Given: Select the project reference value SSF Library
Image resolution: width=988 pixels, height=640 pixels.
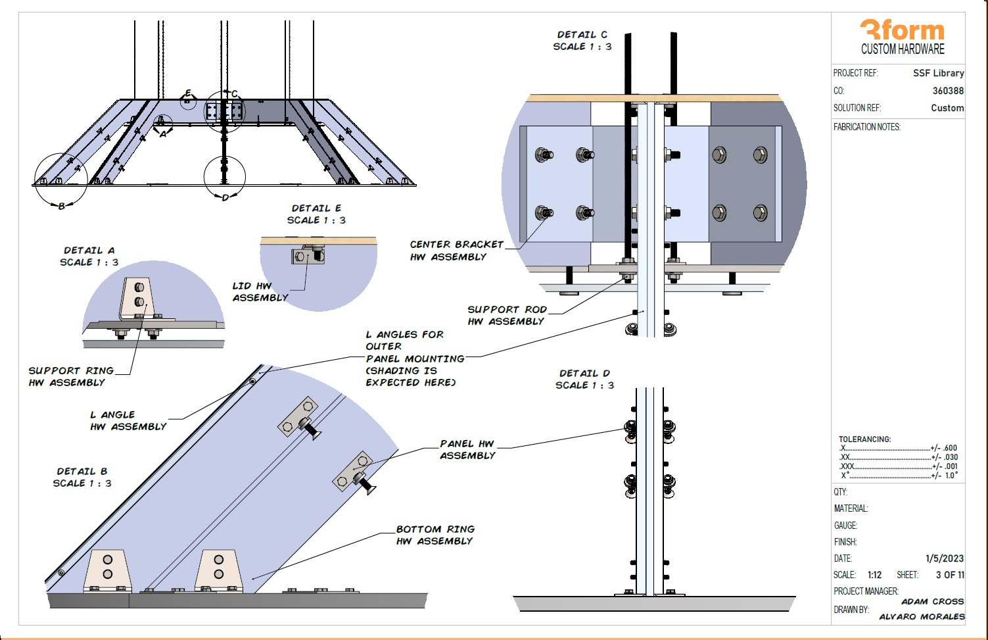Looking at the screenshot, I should (x=938, y=73).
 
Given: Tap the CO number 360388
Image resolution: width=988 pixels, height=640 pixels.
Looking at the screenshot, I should (x=948, y=91).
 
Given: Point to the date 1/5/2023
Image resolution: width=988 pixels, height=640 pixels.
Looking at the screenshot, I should (x=945, y=558).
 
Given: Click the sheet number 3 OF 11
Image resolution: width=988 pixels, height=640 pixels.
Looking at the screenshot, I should (x=950, y=575).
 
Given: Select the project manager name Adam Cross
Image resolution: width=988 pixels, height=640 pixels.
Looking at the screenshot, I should (x=932, y=601).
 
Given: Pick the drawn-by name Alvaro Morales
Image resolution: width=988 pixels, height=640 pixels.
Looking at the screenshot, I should (x=922, y=616).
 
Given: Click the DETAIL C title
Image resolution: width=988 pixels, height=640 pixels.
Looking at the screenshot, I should (x=582, y=35).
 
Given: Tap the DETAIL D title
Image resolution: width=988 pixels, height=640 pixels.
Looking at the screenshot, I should (x=584, y=374).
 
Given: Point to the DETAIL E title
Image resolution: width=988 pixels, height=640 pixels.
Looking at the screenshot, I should (x=316, y=209).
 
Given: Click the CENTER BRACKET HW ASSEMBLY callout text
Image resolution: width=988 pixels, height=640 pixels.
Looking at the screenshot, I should (x=456, y=251).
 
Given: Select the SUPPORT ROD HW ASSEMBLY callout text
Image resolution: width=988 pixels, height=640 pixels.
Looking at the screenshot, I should (x=507, y=315).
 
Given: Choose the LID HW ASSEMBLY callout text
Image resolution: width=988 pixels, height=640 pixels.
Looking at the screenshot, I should (x=260, y=291).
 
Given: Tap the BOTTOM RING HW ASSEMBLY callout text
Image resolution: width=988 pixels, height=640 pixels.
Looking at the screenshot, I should (x=435, y=535).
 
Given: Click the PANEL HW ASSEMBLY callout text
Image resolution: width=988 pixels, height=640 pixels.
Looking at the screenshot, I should (x=467, y=449).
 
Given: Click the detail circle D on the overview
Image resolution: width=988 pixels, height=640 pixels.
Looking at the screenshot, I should (x=225, y=176).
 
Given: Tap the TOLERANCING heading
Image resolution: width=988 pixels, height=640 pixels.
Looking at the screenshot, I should (x=864, y=439).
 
